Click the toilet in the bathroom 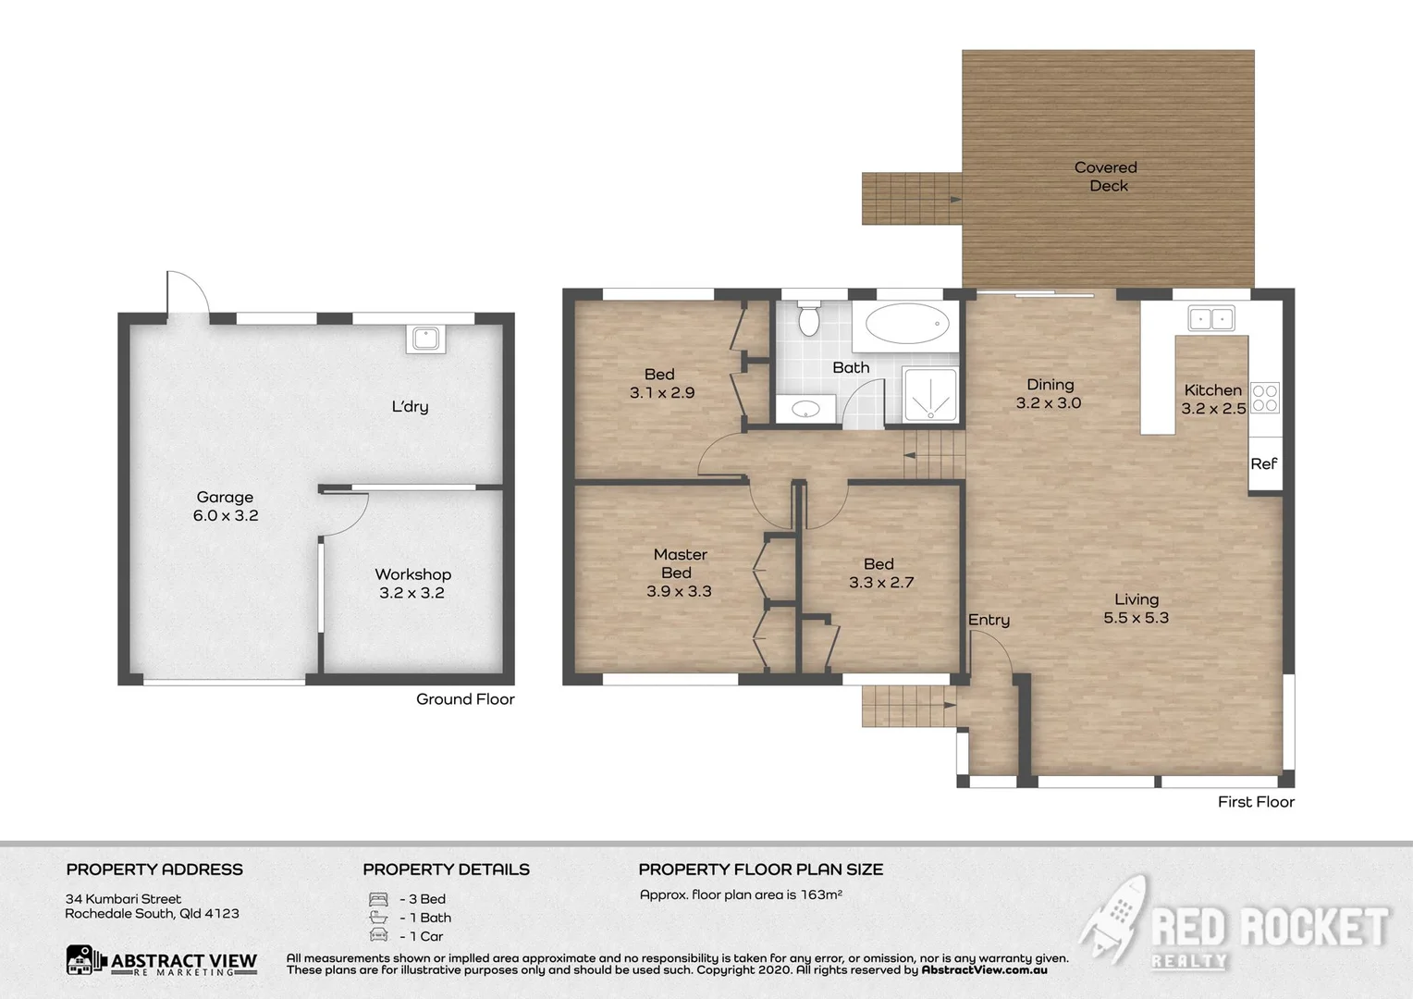809,318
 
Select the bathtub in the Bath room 905,324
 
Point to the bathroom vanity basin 805,408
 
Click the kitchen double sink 1210,319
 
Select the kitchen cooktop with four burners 1264,399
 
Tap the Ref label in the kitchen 1263,464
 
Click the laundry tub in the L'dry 425,339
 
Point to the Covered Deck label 1106,177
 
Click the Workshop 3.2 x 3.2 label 412,584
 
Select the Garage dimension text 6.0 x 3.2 226,516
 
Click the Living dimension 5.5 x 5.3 1136,618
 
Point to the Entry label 989,620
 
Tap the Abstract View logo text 183,962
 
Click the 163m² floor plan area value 821,894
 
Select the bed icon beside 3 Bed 378,899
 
